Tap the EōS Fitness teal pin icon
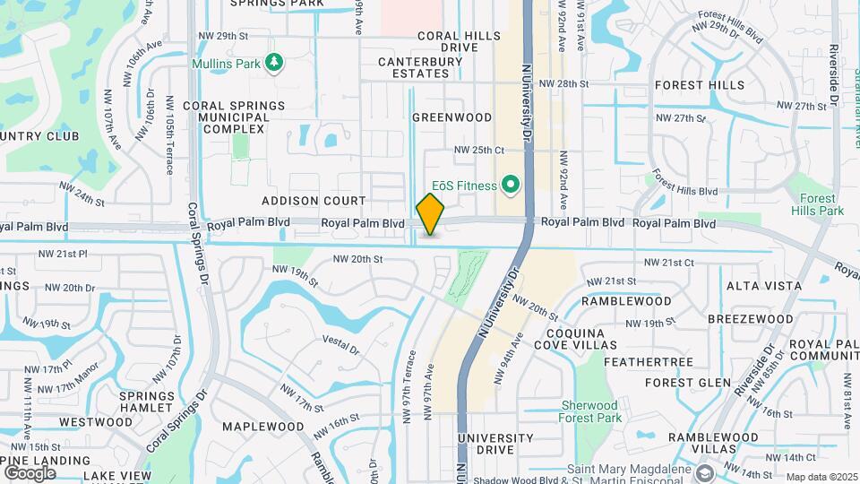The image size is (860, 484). pos(511,186)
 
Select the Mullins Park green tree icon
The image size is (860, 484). pos(276,64)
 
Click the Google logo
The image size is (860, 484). pos(30,472)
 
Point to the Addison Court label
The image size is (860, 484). pos(314,201)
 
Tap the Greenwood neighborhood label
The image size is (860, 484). pos(452,117)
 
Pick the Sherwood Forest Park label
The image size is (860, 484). pos(590,411)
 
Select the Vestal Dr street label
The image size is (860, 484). pos(340,344)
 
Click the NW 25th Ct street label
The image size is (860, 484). pos(479,150)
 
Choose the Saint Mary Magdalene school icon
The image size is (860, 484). pos(705,471)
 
